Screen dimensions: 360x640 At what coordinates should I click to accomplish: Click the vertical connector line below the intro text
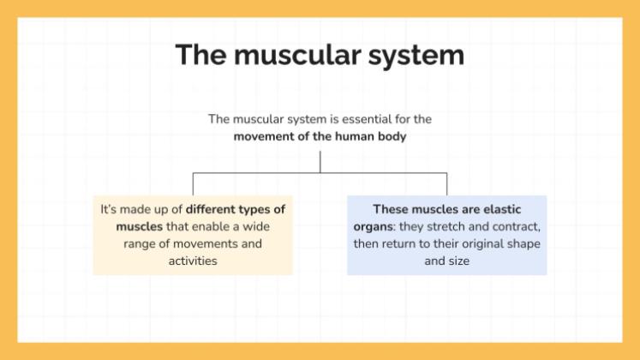(x=320, y=161)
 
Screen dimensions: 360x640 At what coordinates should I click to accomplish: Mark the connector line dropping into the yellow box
(x=193, y=183)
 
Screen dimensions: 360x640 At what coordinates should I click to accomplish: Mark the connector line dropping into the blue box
(x=446, y=183)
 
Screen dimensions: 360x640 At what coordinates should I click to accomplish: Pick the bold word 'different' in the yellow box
(x=213, y=209)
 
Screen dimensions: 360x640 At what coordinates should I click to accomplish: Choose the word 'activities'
(x=193, y=261)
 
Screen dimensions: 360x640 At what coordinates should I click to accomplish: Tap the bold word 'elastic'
(x=499, y=209)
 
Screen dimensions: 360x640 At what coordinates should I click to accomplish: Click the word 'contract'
(x=516, y=226)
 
